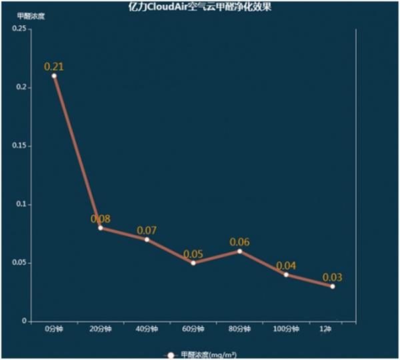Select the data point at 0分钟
click(54, 76)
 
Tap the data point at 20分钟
click(101, 228)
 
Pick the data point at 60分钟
click(193, 263)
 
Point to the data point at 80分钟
click(239, 251)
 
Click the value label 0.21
click(54, 67)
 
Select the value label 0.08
click(101, 219)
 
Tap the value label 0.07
click(147, 231)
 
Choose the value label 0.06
click(239, 242)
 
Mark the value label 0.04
click(286, 265)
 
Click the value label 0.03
click(332, 277)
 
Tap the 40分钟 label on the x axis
click(147, 329)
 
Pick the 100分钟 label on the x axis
click(286, 329)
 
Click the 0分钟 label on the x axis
click(54, 329)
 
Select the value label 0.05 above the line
click(193, 254)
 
